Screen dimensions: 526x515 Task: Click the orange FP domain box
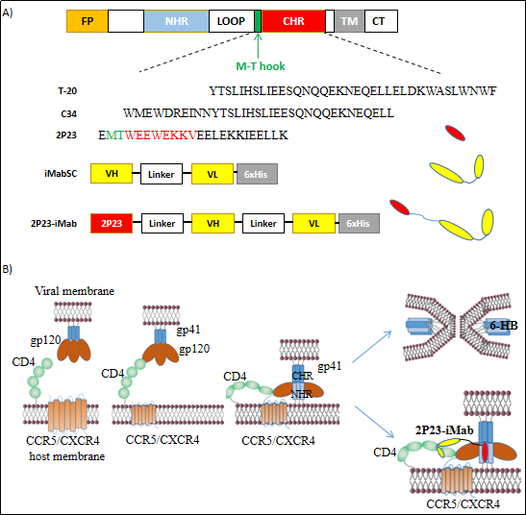pyautogui.click(x=88, y=21)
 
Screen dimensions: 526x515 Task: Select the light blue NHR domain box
pyautogui.click(x=176, y=21)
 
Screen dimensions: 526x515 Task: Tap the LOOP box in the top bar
pyautogui.click(x=232, y=21)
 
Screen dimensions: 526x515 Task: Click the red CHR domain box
pyautogui.click(x=293, y=21)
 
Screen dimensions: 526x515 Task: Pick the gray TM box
pyautogui.click(x=349, y=21)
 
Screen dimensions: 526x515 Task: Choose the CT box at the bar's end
pyautogui.click(x=381, y=21)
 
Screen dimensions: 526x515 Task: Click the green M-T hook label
pyautogui.click(x=261, y=66)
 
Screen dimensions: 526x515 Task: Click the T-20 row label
pyautogui.click(x=67, y=91)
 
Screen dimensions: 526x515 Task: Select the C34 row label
pyautogui.click(x=69, y=114)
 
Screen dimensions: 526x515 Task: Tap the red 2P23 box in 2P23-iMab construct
pyautogui.click(x=112, y=223)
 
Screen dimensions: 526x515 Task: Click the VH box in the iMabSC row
pyautogui.click(x=112, y=174)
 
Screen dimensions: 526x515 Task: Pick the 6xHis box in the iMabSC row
pyautogui.click(x=258, y=174)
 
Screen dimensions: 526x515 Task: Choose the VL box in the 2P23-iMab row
pyautogui.click(x=314, y=223)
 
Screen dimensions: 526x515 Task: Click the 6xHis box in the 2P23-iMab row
pyautogui.click(x=359, y=223)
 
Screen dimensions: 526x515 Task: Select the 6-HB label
pyautogui.click(x=504, y=325)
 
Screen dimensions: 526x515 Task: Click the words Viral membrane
pyautogui.click(x=74, y=291)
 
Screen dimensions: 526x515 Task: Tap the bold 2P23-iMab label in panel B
pyautogui.click(x=444, y=430)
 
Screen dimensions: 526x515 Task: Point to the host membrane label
pyautogui.click(x=67, y=456)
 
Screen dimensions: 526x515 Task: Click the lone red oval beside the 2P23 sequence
pyautogui.click(x=455, y=133)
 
